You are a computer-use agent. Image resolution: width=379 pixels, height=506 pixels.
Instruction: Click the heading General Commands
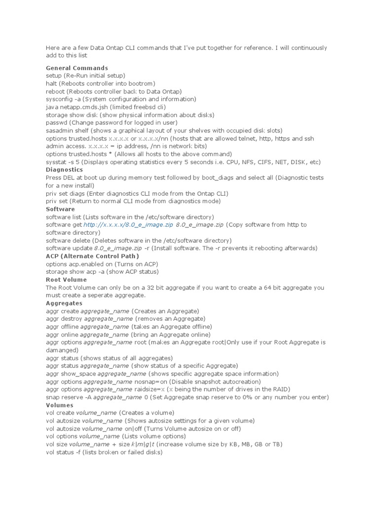(x=77, y=68)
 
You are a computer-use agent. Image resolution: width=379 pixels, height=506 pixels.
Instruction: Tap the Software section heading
(x=60, y=209)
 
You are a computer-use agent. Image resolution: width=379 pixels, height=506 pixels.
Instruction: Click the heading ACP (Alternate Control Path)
(x=92, y=256)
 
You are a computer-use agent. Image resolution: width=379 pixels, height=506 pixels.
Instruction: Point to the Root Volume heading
(x=66, y=280)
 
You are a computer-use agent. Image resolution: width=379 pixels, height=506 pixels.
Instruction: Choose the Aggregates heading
(x=64, y=303)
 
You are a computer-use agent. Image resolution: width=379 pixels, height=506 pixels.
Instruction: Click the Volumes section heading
(x=60, y=405)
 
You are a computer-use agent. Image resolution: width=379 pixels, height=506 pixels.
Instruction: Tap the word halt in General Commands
(x=52, y=84)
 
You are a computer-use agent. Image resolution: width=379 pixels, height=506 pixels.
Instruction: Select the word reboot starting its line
(x=55, y=91)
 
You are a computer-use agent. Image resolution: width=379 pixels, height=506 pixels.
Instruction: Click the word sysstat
(x=56, y=162)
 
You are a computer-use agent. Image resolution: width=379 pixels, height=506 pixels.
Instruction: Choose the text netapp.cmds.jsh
(x=83, y=107)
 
